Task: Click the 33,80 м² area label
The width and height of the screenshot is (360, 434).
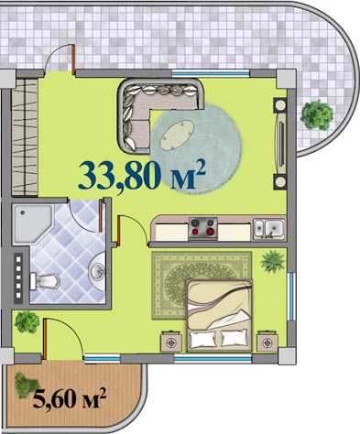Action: point(141,175)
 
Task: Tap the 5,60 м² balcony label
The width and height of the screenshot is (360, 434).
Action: point(70,397)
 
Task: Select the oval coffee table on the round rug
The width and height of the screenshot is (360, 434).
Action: point(177,135)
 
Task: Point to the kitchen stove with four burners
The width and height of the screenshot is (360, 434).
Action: point(202,228)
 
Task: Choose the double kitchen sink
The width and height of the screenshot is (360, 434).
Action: point(269,229)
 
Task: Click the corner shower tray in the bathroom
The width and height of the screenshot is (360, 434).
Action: point(32,223)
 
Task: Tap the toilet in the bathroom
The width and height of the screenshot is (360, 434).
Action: point(45,281)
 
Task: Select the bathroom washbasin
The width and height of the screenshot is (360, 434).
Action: point(97,269)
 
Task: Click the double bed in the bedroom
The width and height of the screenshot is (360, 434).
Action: point(220,315)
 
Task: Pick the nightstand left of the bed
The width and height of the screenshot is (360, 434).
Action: point(171,342)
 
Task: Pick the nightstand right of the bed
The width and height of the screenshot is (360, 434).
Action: point(267,342)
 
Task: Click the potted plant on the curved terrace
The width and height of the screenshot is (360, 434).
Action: point(317,115)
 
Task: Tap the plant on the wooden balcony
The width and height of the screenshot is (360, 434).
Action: point(26,385)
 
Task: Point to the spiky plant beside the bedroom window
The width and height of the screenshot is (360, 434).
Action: point(273,262)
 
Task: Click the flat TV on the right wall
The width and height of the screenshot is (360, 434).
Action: point(281,144)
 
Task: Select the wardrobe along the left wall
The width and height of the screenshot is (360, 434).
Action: point(25,137)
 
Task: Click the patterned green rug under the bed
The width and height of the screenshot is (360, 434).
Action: point(202,286)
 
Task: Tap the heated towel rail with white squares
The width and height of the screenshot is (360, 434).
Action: point(18,277)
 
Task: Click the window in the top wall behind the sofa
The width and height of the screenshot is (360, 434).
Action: point(211,73)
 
